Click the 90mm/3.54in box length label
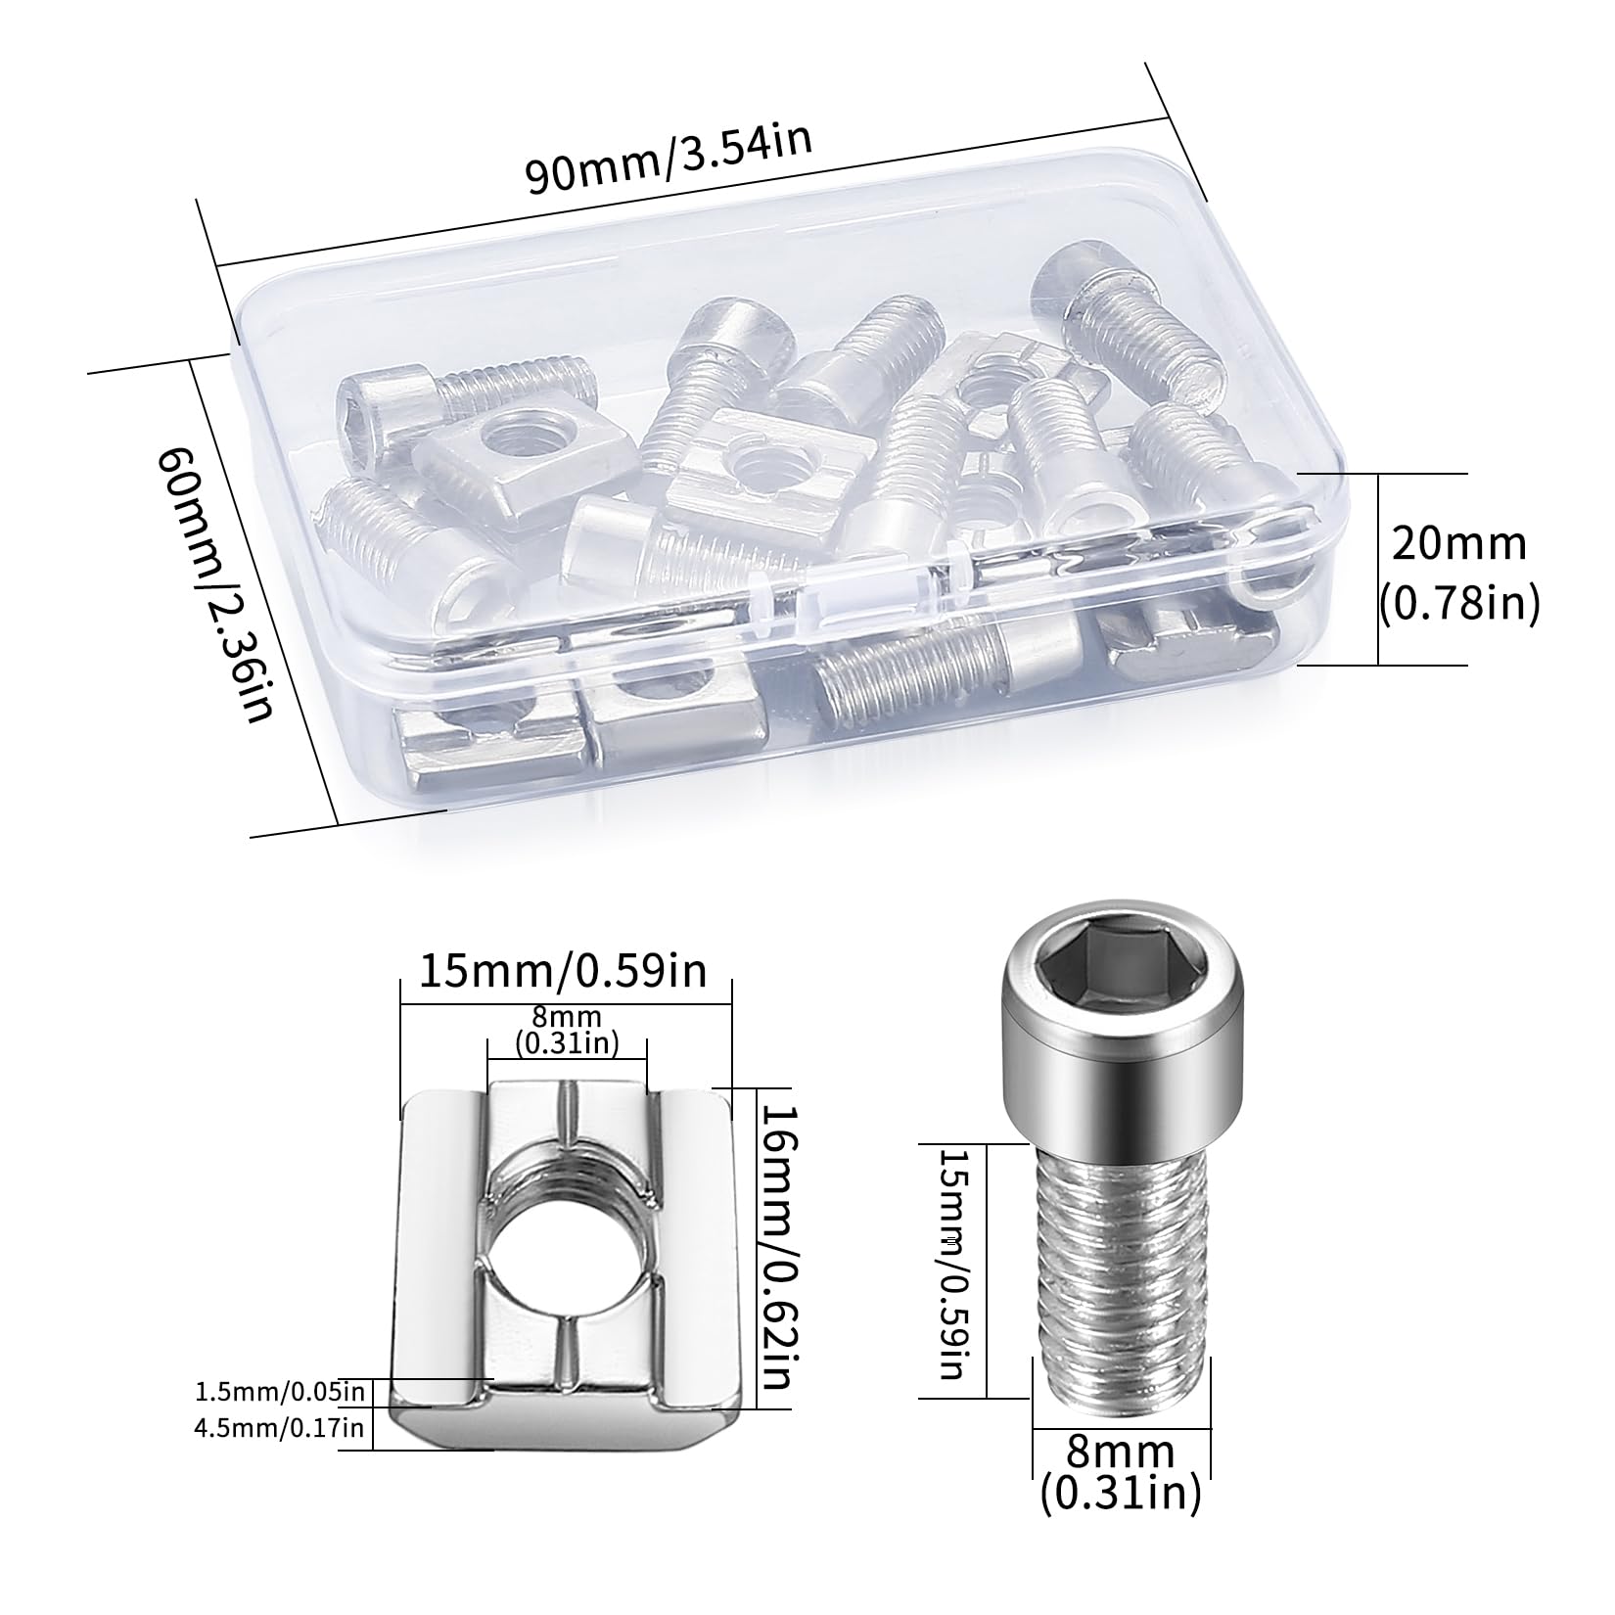670,159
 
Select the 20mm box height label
1459,543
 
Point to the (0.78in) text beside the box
1459,604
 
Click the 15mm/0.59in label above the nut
563,973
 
